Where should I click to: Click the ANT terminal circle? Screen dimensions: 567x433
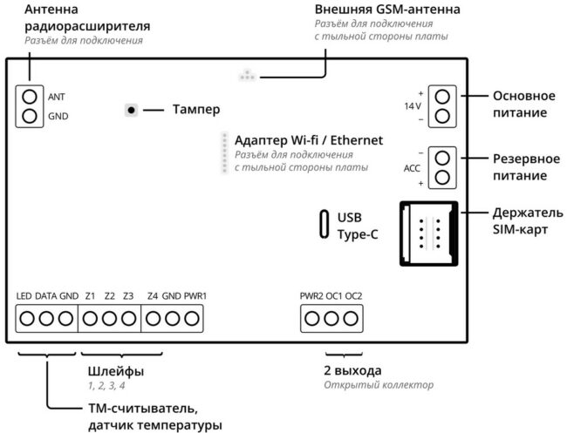pos(30,97)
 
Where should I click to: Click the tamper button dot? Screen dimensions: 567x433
pos(131,110)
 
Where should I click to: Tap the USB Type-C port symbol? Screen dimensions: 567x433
pos(324,224)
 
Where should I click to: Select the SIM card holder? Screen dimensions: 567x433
pos(428,233)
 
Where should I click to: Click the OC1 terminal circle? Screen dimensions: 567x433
pos(331,319)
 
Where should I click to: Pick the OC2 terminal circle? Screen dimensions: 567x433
pos(351,319)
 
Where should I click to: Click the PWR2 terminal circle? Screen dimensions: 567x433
pos(312,319)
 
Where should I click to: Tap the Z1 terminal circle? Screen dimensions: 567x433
pos(90,319)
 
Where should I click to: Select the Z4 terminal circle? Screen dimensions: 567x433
pos(153,319)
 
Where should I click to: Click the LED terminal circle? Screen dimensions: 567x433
pos(27,319)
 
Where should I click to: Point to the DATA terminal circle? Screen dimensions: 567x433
pos(46,319)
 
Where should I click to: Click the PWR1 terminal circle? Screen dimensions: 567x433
pos(192,319)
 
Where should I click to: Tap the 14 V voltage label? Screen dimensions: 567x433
pos(413,106)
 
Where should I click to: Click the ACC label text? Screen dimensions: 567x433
pos(412,168)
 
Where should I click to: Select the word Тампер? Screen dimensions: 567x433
pos(196,110)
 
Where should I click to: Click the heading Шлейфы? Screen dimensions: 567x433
pos(116,371)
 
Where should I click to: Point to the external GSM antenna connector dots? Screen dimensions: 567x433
pos(248,75)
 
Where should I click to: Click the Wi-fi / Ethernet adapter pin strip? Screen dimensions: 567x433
pos(224,152)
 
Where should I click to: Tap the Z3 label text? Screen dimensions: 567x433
pos(128,296)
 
